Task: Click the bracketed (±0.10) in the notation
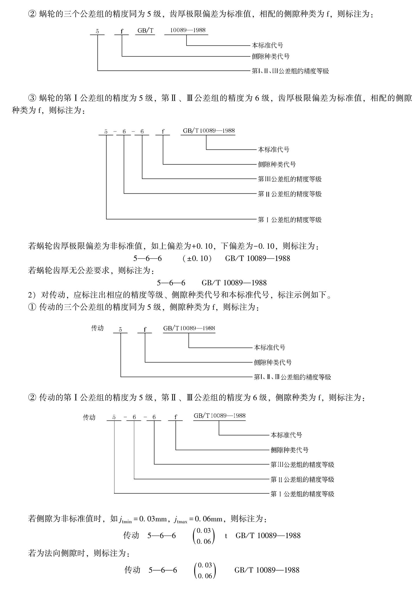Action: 197,258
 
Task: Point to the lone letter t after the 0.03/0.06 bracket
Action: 226,536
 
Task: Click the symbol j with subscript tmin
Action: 125,519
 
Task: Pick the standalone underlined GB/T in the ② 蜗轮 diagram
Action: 145,31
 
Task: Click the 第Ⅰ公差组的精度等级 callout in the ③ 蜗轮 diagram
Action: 289,220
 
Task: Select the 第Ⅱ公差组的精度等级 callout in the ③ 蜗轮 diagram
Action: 289,194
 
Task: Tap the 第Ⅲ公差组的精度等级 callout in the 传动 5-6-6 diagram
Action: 302,465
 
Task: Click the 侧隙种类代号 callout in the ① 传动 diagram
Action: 272,362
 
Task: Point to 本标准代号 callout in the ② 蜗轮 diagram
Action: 267,45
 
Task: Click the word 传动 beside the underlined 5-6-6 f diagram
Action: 89,417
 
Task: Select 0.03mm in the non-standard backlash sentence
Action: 153,519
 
